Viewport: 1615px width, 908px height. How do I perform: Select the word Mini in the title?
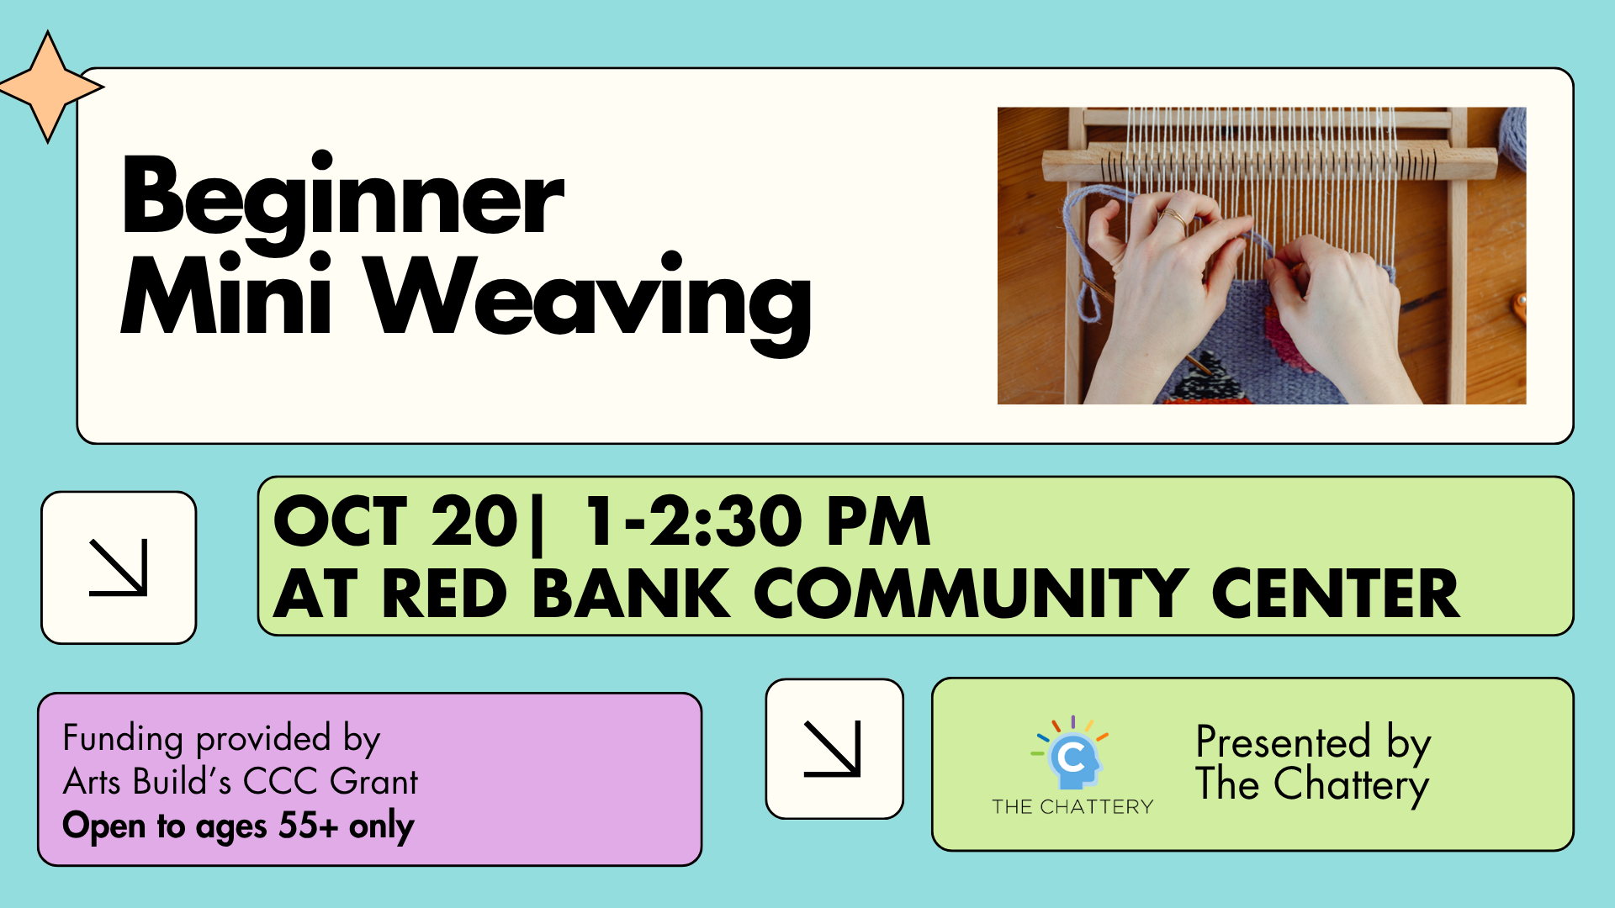(x=227, y=294)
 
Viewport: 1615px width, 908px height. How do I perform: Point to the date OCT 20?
(x=395, y=521)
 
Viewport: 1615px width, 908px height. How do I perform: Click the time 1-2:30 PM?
(x=757, y=521)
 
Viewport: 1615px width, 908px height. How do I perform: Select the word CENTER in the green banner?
(x=1336, y=594)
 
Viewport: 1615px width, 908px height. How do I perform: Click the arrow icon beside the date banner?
(x=119, y=567)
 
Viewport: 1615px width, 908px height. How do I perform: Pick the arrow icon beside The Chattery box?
(x=833, y=748)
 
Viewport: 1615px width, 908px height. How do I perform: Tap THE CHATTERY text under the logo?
(x=1072, y=807)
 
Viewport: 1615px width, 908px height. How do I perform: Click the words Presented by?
(x=1313, y=743)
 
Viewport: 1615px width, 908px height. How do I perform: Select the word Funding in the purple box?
(x=123, y=739)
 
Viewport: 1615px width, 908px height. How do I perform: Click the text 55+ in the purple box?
(x=308, y=826)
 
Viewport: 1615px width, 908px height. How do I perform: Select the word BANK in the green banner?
(x=631, y=594)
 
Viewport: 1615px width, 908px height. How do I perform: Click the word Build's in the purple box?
(x=183, y=782)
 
